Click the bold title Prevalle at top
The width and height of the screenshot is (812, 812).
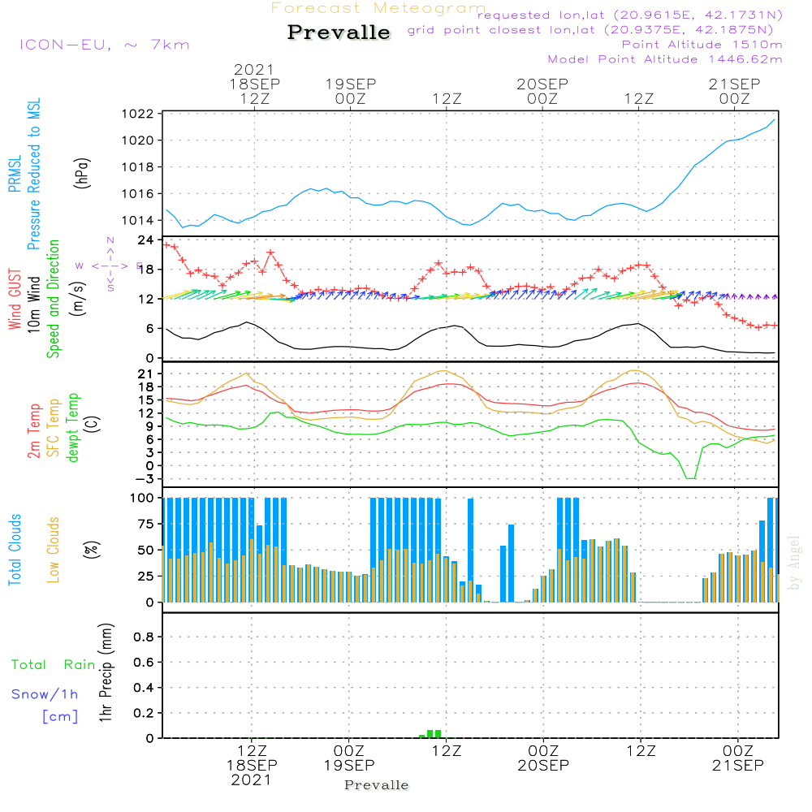(x=339, y=32)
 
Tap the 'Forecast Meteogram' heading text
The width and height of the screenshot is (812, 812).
(x=378, y=8)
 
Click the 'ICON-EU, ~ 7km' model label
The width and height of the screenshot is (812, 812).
(x=104, y=45)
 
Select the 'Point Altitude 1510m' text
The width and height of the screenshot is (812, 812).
(x=702, y=44)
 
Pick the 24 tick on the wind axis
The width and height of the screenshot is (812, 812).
(x=146, y=240)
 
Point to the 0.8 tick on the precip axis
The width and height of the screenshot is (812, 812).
(x=143, y=637)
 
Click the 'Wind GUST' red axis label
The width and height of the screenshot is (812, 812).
(x=15, y=300)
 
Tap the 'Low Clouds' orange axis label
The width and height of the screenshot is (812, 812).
(x=54, y=549)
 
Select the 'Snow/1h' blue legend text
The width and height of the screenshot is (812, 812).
(x=45, y=695)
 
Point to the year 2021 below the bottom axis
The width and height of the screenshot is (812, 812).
(x=251, y=780)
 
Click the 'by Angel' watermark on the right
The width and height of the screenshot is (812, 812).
(x=795, y=564)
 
